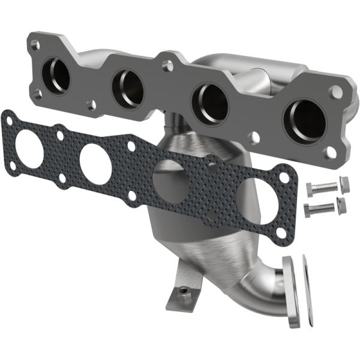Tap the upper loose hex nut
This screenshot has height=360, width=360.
344,184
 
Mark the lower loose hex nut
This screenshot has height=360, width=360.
341,205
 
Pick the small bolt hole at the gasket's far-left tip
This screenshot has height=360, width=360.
7,121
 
